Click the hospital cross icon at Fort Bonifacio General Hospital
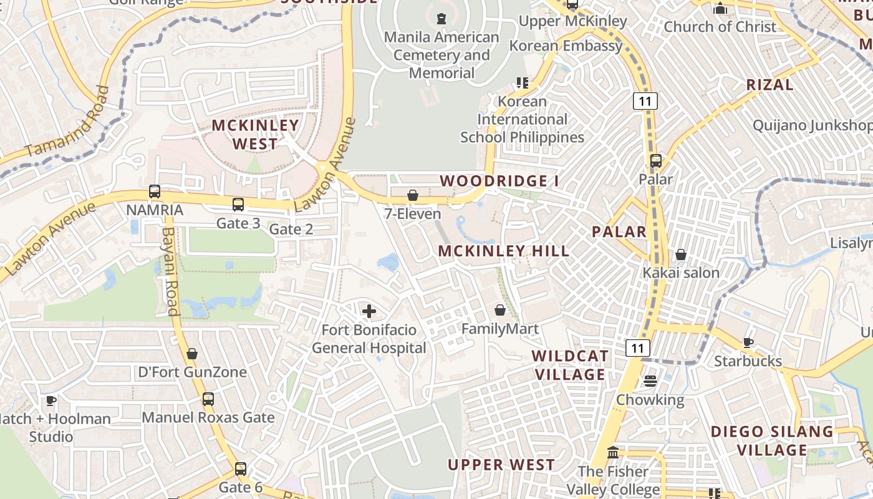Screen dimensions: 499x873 tap(369, 311)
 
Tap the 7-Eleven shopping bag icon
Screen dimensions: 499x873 tap(412, 195)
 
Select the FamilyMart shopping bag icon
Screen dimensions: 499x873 tap(500, 309)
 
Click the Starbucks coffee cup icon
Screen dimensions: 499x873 tap(748, 342)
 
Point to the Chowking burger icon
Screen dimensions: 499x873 tap(650, 380)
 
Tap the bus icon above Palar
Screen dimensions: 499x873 tap(655, 161)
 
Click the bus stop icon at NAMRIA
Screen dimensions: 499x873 tap(155, 191)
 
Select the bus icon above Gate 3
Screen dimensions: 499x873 tap(238, 205)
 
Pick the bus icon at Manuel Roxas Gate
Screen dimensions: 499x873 tap(208, 399)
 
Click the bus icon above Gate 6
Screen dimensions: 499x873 tap(241, 469)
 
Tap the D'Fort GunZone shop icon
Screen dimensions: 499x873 tap(192, 354)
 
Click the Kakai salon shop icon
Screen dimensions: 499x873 tap(681, 254)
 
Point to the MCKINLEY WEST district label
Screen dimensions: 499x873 tap(255, 134)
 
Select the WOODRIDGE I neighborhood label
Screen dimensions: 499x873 tap(499, 181)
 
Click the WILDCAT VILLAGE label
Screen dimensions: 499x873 tap(570, 365)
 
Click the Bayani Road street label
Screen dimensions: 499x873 tap(170, 271)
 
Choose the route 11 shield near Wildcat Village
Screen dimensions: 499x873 tap(638, 348)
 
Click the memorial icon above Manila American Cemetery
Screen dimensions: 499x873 tap(441, 19)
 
